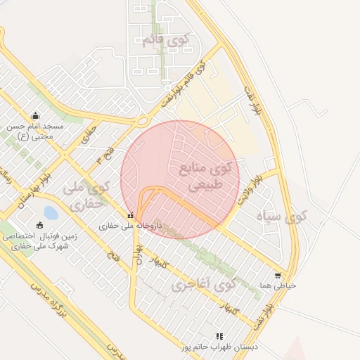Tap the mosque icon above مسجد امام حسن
coord(36,116)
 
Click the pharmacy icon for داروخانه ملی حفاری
coord(130,216)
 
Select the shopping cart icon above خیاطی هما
coord(278,276)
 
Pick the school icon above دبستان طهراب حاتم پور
coord(219,337)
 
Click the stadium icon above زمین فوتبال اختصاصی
coord(39,226)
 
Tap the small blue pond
coord(51,211)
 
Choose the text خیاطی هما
coord(278,286)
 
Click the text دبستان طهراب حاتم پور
coord(219,347)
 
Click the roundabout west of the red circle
coord(143,121)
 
